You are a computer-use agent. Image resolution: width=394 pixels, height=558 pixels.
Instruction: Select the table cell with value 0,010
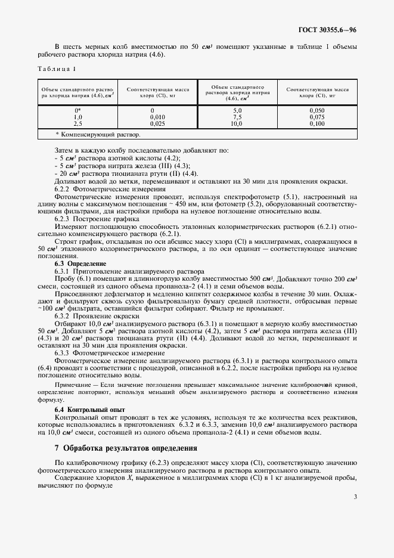point(153,117)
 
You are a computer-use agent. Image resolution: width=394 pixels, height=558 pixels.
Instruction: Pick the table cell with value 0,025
point(153,123)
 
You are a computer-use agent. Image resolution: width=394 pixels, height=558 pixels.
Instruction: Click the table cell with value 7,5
point(237,117)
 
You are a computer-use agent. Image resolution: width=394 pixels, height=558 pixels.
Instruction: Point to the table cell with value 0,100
point(318,123)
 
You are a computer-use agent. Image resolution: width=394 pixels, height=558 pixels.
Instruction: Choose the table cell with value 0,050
point(318,111)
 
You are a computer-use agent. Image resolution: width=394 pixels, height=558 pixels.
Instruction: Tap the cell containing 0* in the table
point(77,111)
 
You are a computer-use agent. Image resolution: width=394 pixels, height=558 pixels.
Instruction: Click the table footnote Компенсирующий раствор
point(88,135)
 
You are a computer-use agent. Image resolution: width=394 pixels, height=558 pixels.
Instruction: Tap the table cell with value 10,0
point(237,123)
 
